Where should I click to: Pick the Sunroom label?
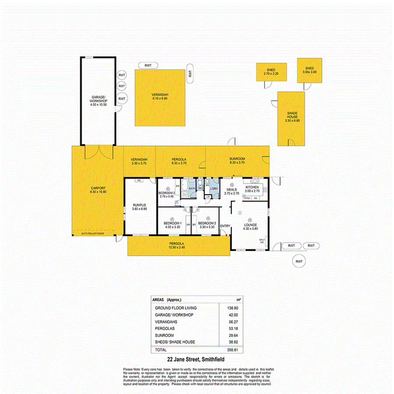coord(237,158)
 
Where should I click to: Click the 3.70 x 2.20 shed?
coord(271,72)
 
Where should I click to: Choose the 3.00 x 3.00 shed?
coord(310,70)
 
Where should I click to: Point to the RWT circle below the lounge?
coord(299,261)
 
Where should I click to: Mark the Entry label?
coord(225,226)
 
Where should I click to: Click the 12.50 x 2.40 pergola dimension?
coord(178,248)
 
